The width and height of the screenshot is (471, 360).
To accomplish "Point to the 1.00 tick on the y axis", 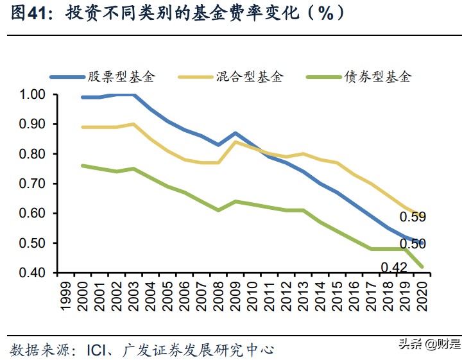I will click(32, 95).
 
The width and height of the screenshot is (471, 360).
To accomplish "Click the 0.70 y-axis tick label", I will click(32, 184).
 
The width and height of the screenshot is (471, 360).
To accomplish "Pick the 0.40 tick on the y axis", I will click(32, 273).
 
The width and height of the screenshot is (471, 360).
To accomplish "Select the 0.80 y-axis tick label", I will click(32, 154).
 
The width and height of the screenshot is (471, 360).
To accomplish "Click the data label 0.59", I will click(413, 217).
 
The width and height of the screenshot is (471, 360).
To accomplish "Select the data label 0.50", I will click(413, 244).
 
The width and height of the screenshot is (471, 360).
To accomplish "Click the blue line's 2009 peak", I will click(236, 133).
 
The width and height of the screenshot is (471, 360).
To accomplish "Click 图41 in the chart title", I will click(30, 13).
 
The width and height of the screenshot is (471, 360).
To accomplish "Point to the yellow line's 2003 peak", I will click(133, 124).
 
